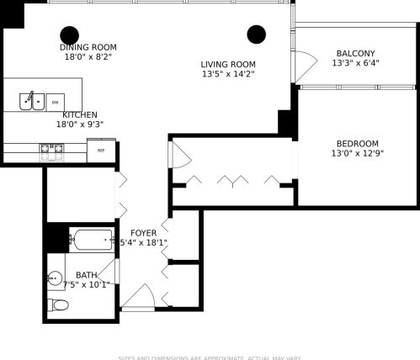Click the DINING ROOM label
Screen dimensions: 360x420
click(x=88, y=47)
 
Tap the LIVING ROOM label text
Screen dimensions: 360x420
click(x=227, y=64)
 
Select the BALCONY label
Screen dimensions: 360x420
click(x=355, y=53)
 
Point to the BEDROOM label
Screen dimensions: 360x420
click(x=357, y=143)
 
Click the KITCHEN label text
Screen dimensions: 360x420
click(x=79, y=114)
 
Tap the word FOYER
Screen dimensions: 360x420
click(x=144, y=232)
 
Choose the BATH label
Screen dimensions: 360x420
click(x=86, y=275)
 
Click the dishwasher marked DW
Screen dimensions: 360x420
click(x=55, y=101)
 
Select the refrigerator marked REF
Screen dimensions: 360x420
click(x=100, y=151)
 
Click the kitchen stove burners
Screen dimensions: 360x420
click(x=51, y=151)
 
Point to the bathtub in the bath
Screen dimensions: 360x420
click(x=91, y=241)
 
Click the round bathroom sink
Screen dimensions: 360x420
click(x=56, y=277)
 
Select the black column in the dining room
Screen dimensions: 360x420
click(x=70, y=34)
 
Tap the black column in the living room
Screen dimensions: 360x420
click(x=256, y=34)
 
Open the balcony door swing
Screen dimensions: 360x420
click(x=303, y=64)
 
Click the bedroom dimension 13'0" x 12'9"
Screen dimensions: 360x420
click(x=357, y=153)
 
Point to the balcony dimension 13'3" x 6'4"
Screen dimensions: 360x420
click(x=355, y=63)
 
